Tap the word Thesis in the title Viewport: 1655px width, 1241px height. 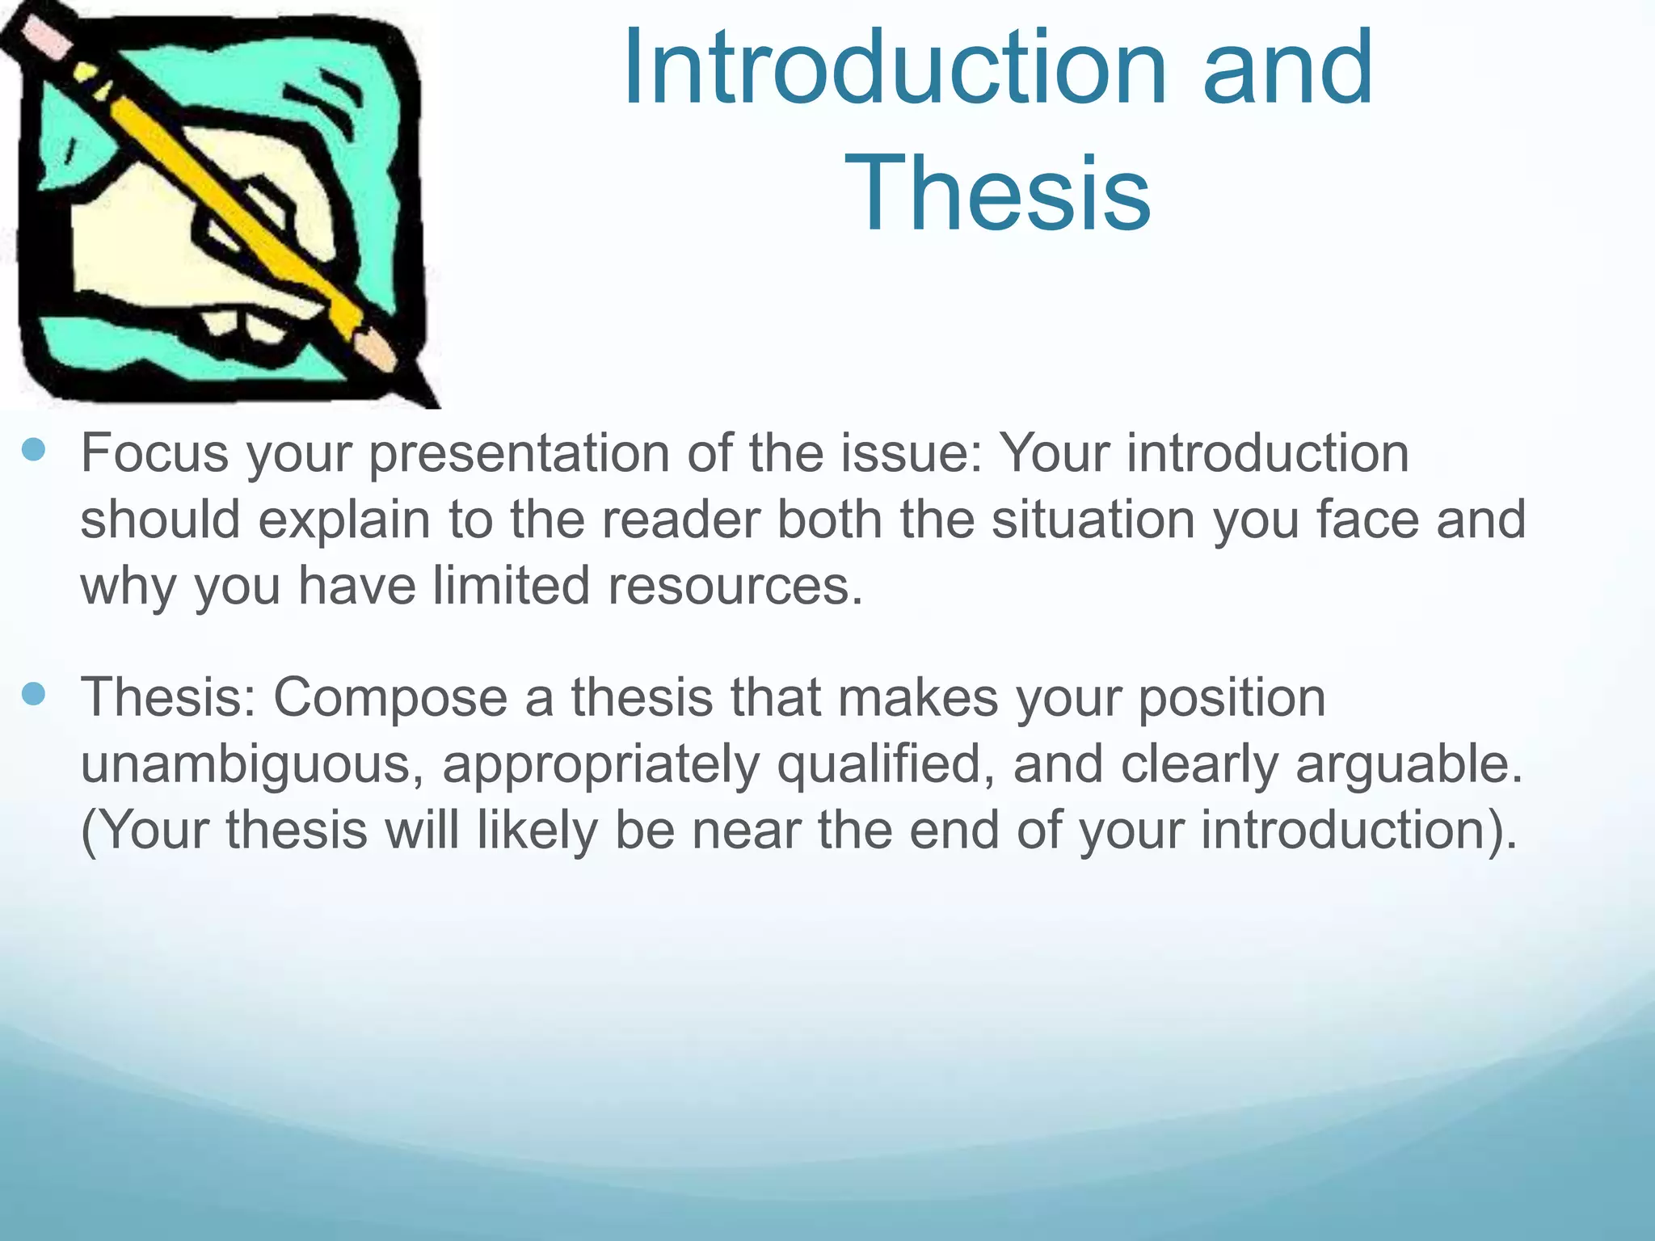coord(997,195)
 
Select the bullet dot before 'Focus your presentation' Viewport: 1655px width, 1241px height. coord(34,450)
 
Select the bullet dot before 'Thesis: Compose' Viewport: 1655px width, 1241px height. coord(34,694)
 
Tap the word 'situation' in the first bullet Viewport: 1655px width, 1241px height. coord(1093,519)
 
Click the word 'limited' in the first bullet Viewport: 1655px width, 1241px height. coord(511,585)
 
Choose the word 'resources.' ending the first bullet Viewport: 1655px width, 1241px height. coord(735,585)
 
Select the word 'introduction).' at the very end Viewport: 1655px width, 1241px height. coord(1358,831)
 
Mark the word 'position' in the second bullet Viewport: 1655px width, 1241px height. coord(1232,696)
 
